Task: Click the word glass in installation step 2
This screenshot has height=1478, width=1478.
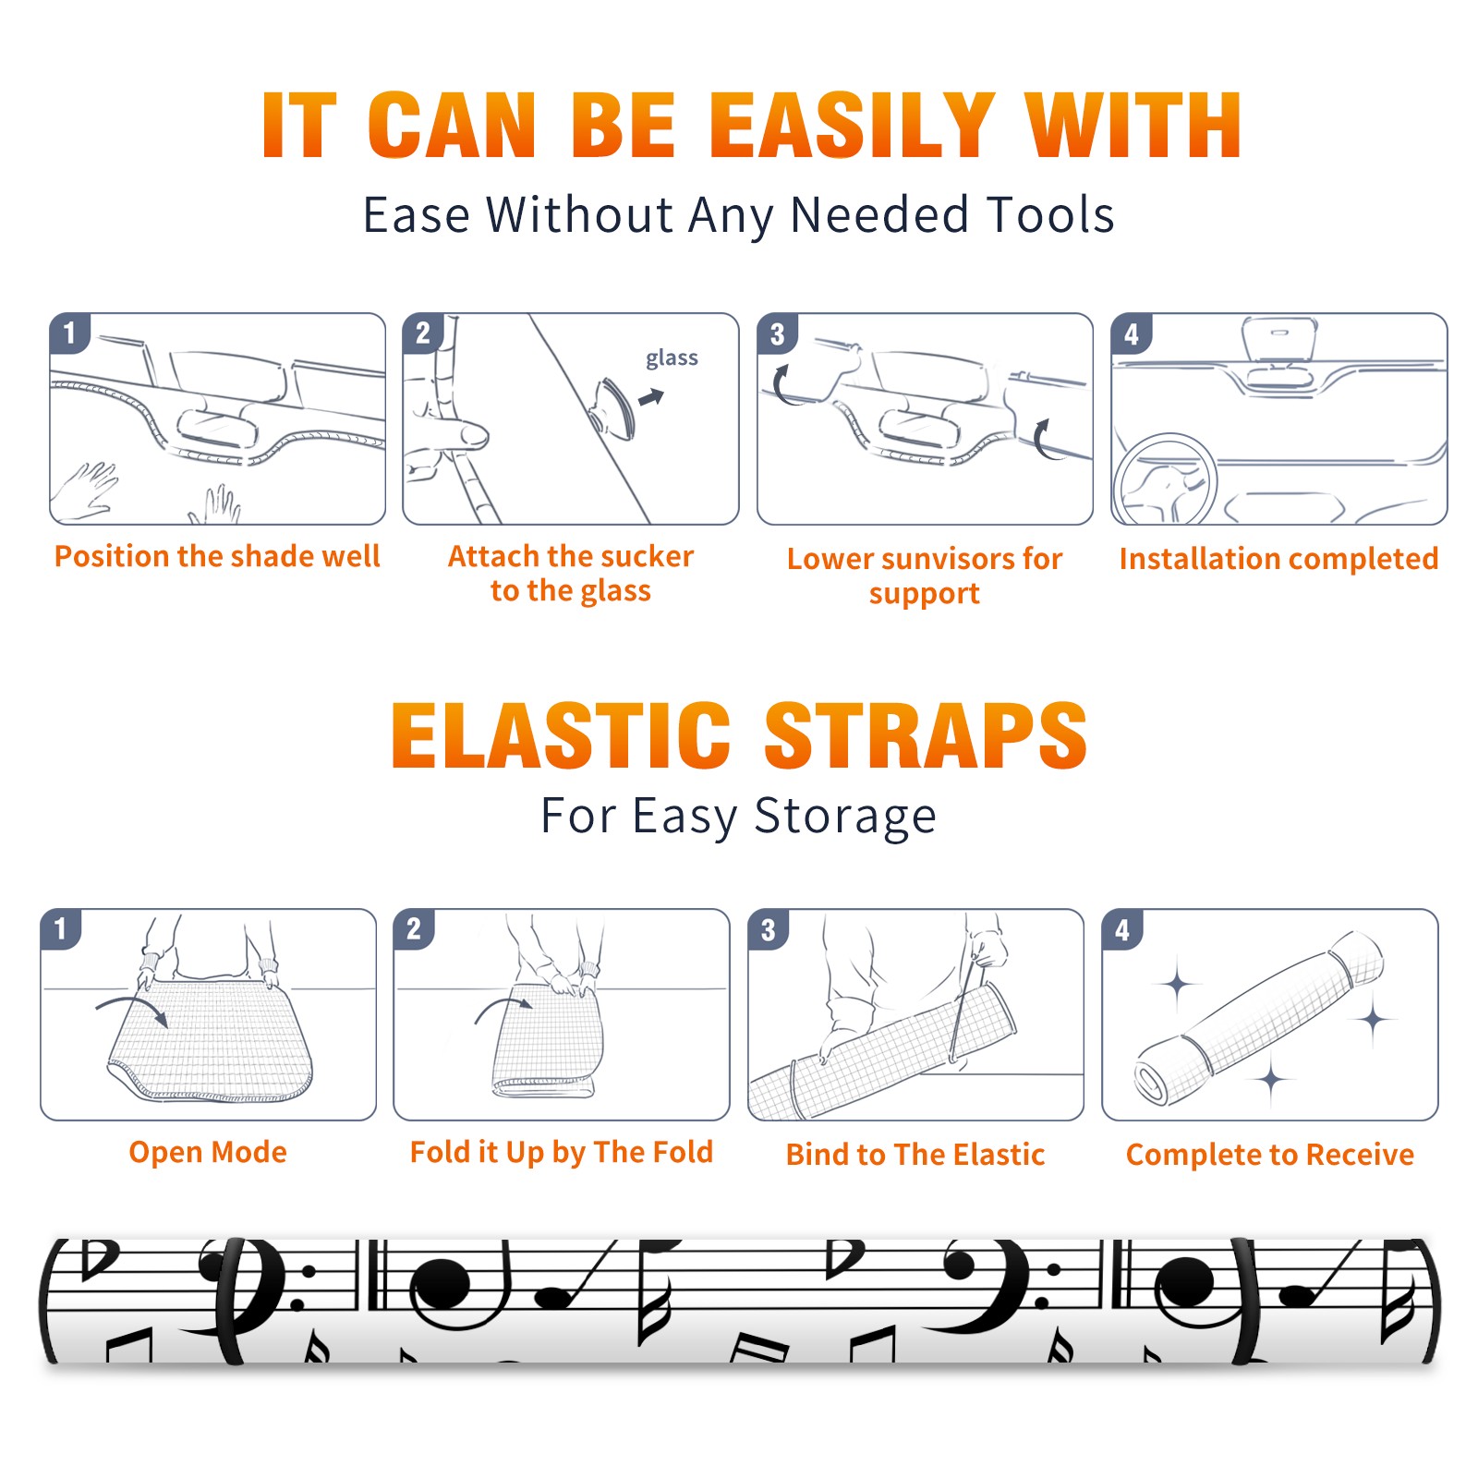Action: pos(672,358)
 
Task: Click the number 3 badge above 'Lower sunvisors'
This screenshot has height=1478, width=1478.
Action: pos(777,334)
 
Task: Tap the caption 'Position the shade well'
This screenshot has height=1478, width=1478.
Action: pos(217,556)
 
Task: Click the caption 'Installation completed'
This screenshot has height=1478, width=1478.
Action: pos(1278,558)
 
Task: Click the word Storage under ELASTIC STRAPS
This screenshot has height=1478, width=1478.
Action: pos(845,817)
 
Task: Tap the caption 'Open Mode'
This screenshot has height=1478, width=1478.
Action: pos(208,1152)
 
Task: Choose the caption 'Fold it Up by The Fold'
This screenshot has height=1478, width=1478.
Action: pos(562,1152)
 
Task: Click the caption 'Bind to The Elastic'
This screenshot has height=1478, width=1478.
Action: pos(915,1155)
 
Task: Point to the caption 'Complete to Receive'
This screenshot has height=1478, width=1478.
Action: pos(1270,1155)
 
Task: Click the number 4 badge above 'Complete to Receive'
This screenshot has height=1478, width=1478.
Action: pos(1122,929)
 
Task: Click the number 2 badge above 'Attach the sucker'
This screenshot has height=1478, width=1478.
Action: pos(423,333)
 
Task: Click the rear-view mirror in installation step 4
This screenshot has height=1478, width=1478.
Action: pos(1278,340)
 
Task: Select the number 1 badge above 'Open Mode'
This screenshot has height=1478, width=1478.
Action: pos(61,929)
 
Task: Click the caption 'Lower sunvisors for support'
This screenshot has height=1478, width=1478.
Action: pos(925,575)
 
